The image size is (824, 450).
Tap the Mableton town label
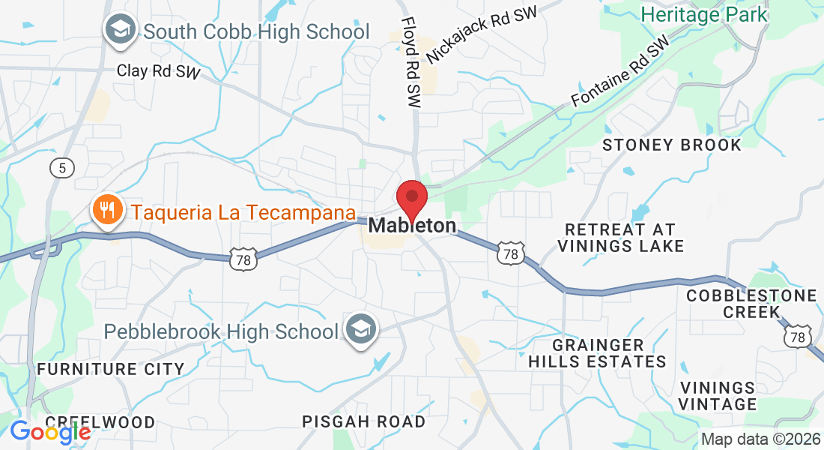pos(412,226)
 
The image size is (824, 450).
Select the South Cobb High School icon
pos(120,31)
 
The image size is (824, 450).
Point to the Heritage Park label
pos(704,13)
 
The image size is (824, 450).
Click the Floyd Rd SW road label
pos(411,63)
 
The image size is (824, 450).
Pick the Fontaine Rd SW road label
pos(619,72)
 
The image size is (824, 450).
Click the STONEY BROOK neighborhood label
pos(672,145)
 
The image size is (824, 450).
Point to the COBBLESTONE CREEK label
pos(751,303)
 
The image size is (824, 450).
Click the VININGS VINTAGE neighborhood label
pos(718,396)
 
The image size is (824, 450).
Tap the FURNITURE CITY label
pos(111,369)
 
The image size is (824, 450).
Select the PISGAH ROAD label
pos(364,421)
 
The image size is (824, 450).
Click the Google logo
pos(50,432)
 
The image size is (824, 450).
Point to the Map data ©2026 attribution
pos(760,439)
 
